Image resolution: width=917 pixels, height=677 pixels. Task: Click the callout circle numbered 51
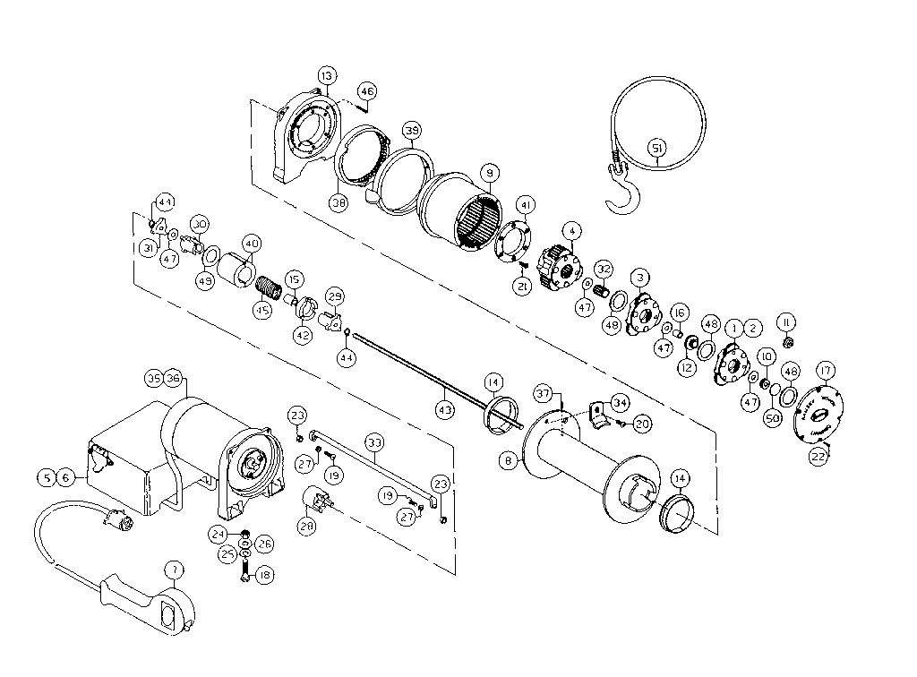point(656,148)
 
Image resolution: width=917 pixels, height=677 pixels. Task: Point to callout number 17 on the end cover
point(825,369)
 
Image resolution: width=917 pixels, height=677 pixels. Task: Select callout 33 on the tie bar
point(373,441)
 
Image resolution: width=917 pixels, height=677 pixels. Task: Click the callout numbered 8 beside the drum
point(509,460)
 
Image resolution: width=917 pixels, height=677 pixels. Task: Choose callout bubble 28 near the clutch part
point(306,527)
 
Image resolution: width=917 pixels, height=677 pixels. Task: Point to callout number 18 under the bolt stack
point(263,576)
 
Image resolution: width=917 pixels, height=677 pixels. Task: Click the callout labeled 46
point(366,90)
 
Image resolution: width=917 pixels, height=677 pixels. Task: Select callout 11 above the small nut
point(786,321)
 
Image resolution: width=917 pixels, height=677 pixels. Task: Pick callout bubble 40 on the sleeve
point(251,243)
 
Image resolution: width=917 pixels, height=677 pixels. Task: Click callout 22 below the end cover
point(818,455)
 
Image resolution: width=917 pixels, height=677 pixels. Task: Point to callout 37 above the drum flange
point(542,395)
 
